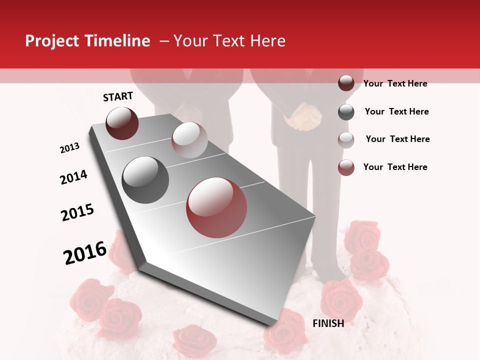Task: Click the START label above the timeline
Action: pyautogui.click(x=118, y=96)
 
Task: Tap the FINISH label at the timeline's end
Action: pyautogui.click(x=328, y=323)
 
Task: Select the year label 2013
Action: pyautogui.click(x=69, y=148)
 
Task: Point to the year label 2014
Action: pyautogui.click(x=73, y=177)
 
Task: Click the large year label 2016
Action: pyautogui.click(x=85, y=253)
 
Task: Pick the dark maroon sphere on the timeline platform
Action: pyautogui.click(x=122, y=123)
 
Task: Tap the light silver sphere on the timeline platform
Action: pyautogui.click(x=189, y=140)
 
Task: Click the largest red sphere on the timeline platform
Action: pyautogui.click(x=216, y=207)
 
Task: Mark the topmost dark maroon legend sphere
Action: pyautogui.click(x=346, y=83)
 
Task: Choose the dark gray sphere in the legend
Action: pyautogui.click(x=346, y=112)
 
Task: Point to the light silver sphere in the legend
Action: pyautogui.click(x=346, y=139)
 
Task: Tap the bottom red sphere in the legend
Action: pyautogui.click(x=346, y=167)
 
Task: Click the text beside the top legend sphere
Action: pyautogui.click(x=395, y=83)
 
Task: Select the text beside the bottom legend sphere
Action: pyautogui.click(x=395, y=167)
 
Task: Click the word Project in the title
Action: pyautogui.click(x=51, y=41)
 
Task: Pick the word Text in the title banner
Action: pyautogui.click(x=229, y=41)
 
